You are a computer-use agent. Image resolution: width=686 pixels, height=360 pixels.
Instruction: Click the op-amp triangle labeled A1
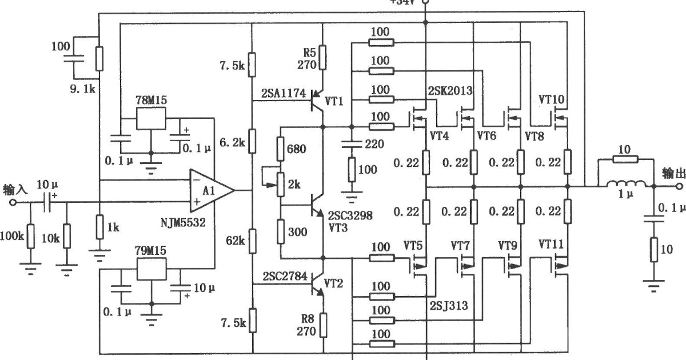click(209, 190)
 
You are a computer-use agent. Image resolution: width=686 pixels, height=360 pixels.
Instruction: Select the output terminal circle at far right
click(679, 186)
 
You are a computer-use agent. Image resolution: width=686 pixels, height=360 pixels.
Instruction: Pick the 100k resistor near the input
click(30, 237)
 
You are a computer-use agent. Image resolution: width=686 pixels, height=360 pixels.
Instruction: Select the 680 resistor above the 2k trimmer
click(281, 149)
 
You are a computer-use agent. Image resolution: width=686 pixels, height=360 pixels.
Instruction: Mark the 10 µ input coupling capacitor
click(48, 201)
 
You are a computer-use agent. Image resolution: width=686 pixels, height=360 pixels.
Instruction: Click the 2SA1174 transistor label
click(284, 93)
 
